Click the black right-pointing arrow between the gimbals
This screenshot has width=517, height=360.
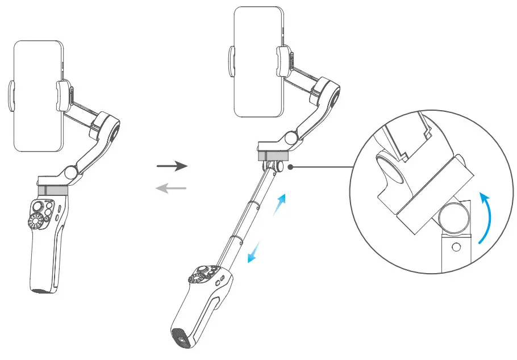tap(172, 166)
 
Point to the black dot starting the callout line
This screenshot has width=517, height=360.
tap(290, 168)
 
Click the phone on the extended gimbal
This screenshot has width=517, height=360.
tap(258, 62)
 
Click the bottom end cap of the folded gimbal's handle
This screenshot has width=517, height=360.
tap(42, 291)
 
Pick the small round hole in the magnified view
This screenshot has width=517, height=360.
tap(455, 248)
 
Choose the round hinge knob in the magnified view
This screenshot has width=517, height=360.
tap(453, 217)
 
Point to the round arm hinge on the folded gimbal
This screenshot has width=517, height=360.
tap(72, 170)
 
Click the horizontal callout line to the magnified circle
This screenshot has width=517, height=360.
tap(321, 168)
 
